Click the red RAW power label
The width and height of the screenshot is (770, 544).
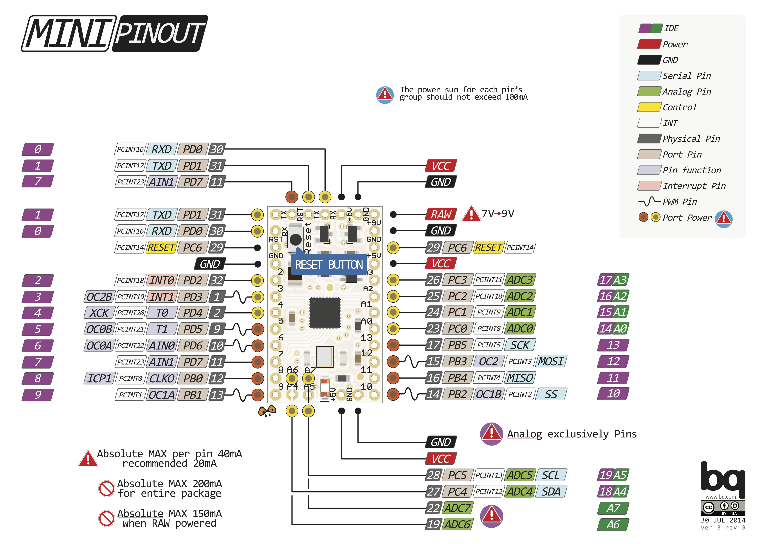[x=441, y=214]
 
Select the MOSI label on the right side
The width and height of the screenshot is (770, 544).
[x=551, y=361]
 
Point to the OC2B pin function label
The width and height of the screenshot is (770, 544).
[x=99, y=297]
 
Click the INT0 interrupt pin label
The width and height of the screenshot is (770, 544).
[x=161, y=280]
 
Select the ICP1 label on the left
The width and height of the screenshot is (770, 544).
[x=99, y=379]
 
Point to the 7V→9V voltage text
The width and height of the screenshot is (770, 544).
[x=498, y=214]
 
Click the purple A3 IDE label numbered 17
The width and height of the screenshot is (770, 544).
[x=613, y=280]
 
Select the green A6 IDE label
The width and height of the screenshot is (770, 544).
[x=613, y=524]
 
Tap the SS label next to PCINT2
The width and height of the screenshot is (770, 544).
[x=551, y=394]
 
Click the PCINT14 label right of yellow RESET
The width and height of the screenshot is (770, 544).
[x=520, y=248]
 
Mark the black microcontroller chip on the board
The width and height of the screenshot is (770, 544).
[x=325, y=313]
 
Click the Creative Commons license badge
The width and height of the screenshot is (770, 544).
[x=723, y=508]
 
